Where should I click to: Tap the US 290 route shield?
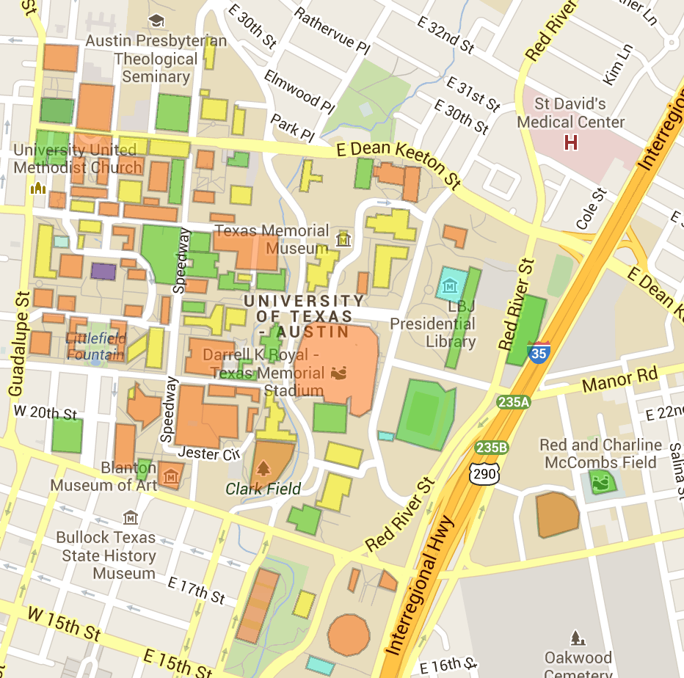[x=485, y=473]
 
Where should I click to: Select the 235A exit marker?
[x=512, y=402]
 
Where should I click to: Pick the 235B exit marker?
[x=491, y=447]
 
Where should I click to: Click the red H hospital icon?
[x=570, y=142]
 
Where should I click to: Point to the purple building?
[x=103, y=271]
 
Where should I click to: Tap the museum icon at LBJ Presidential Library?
[x=450, y=284]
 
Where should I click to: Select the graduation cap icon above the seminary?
[x=156, y=20]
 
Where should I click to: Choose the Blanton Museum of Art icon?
[x=172, y=476]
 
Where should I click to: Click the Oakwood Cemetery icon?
[x=578, y=638]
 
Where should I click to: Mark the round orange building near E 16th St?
[x=348, y=634]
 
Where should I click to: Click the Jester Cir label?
[x=209, y=453]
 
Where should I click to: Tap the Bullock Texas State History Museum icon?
[x=131, y=518]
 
